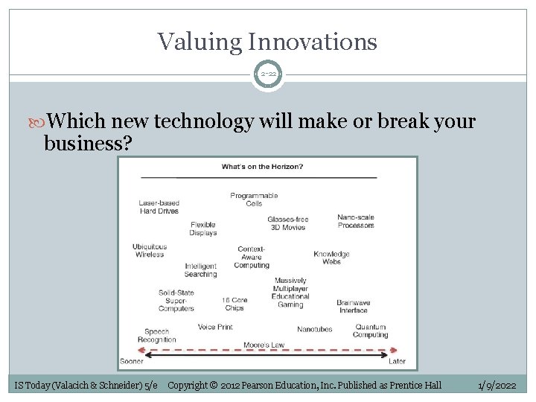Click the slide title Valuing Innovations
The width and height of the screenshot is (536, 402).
(x=267, y=41)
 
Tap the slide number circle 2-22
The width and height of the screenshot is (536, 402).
(x=267, y=74)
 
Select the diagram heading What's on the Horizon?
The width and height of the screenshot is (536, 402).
(x=262, y=167)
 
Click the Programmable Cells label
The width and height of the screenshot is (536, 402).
(x=254, y=200)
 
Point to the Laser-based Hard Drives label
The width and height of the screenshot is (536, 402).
(x=159, y=207)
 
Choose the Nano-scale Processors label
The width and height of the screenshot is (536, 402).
(x=356, y=221)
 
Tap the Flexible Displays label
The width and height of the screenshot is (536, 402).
(x=203, y=229)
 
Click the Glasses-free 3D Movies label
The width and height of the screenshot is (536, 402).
(x=287, y=223)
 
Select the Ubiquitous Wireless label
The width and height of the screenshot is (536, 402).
(x=149, y=250)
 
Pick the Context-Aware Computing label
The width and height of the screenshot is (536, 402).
(x=252, y=257)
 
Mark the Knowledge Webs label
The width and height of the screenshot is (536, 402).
(x=331, y=258)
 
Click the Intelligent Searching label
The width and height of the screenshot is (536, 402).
(x=200, y=269)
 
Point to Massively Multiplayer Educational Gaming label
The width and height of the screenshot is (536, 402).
(x=290, y=293)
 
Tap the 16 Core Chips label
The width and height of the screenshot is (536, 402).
(x=234, y=304)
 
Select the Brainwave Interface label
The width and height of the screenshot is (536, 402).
(x=353, y=306)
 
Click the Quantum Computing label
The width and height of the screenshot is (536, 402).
(x=370, y=331)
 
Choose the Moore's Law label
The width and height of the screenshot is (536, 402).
(x=264, y=345)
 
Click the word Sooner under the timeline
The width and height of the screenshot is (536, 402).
(x=131, y=362)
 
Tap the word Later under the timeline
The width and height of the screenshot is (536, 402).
(x=398, y=362)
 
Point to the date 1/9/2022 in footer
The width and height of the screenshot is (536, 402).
(x=497, y=385)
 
